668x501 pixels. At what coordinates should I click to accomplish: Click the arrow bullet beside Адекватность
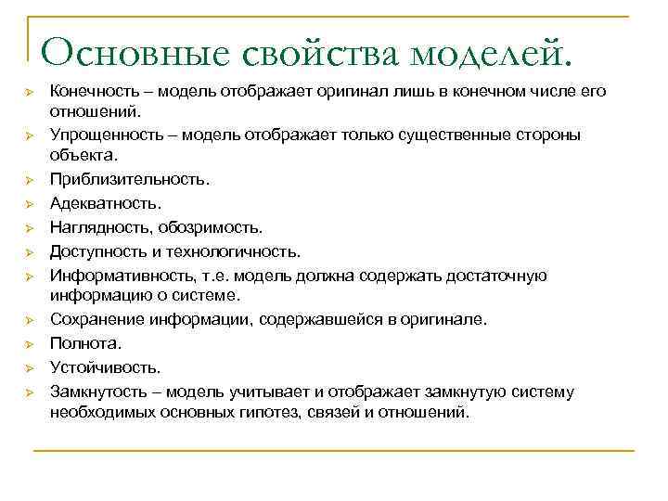(x=30, y=203)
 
